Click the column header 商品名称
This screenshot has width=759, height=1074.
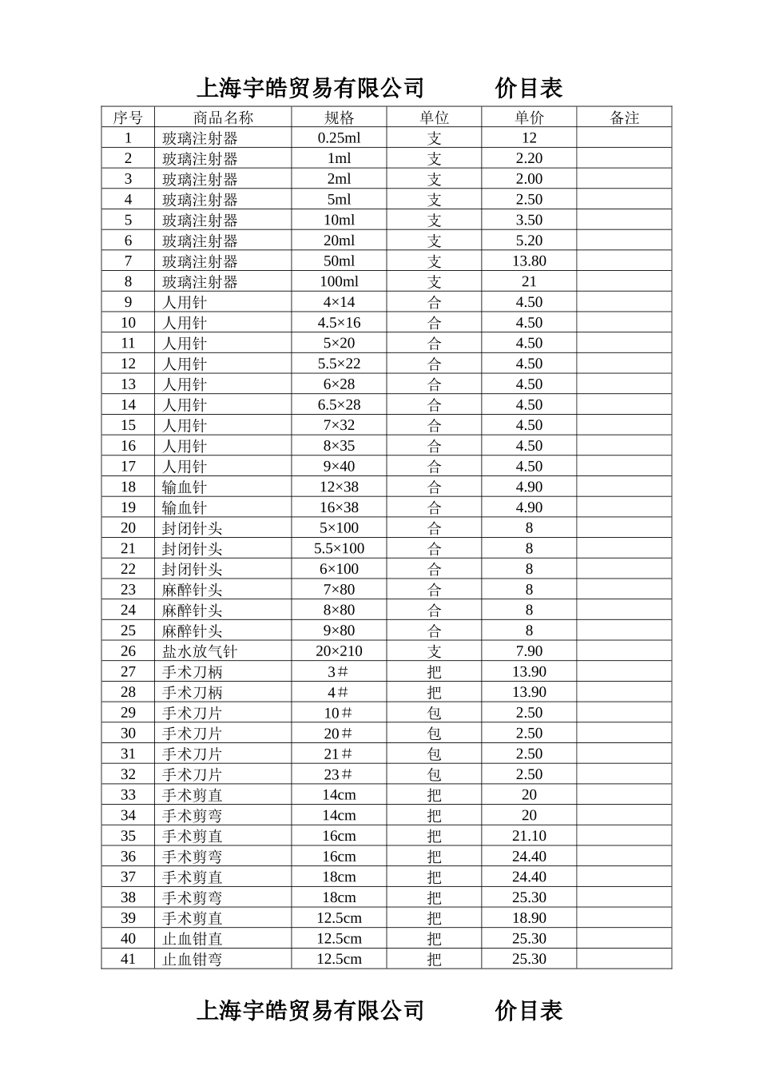click(x=223, y=117)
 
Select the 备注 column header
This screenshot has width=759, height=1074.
click(x=624, y=117)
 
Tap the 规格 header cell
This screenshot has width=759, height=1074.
click(x=339, y=117)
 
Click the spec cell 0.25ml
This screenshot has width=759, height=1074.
click(x=339, y=137)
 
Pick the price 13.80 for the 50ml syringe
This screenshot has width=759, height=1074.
click(x=529, y=261)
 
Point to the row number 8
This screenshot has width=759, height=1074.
click(x=128, y=281)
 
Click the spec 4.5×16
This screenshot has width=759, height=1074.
click(x=339, y=323)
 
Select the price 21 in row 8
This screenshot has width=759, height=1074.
click(x=529, y=281)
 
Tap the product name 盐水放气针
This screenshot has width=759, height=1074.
click(x=200, y=651)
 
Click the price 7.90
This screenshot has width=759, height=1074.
click(x=529, y=651)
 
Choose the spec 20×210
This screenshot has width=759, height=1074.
click(x=339, y=651)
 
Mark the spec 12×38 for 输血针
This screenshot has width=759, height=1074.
click(x=339, y=487)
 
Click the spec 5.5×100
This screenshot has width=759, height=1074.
click(x=339, y=548)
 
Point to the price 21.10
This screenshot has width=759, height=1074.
click(x=529, y=836)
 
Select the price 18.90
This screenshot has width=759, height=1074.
click(x=529, y=918)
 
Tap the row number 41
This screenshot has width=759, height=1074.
click(x=128, y=959)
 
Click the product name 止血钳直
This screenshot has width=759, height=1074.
click(x=193, y=939)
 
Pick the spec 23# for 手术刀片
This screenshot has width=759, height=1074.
click(x=339, y=774)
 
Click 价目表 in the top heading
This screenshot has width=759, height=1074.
click(x=529, y=88)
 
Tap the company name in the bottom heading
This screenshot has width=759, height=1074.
click(x=310, y=1011)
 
